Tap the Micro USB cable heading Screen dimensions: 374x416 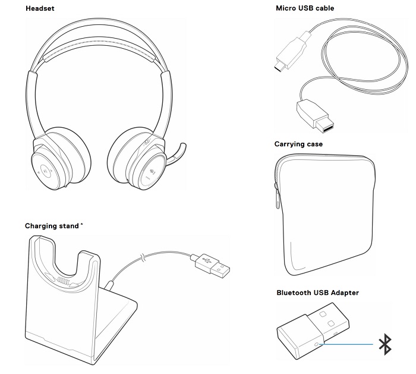coord(304,8)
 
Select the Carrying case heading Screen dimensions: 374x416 coord(298,144)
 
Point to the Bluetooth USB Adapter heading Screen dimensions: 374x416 coord(317,293)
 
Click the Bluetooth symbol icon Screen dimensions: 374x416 coord(385,344)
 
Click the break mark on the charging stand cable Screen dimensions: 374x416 coord(141,258)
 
